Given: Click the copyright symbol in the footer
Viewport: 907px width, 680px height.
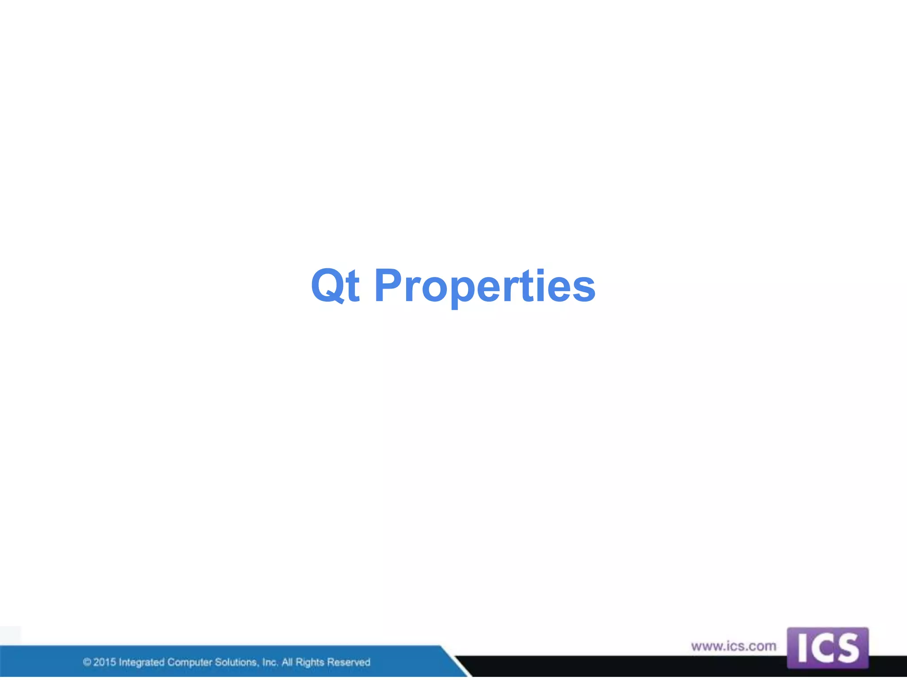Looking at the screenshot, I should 87,662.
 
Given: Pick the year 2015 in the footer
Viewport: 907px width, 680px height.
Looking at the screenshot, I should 105,662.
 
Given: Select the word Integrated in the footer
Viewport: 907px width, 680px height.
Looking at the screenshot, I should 142,663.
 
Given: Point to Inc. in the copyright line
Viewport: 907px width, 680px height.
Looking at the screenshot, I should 270,662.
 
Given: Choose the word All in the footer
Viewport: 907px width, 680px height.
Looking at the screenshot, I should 287,662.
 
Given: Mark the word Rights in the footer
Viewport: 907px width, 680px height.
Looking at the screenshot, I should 310,662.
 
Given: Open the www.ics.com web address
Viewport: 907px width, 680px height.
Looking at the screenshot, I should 733,646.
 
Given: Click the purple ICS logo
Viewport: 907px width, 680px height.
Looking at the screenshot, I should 827,648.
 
